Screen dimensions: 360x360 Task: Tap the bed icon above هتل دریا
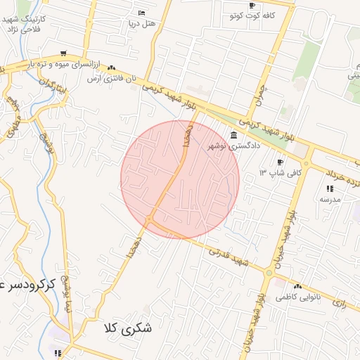(142, 13)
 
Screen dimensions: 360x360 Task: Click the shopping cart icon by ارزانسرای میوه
(64, 53)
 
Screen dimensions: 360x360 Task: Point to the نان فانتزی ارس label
(110, 79)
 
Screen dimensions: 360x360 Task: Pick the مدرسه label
(330, 199)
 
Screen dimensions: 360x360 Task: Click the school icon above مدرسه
(330, 188)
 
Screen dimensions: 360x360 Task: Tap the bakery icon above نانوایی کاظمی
(297, 287)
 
